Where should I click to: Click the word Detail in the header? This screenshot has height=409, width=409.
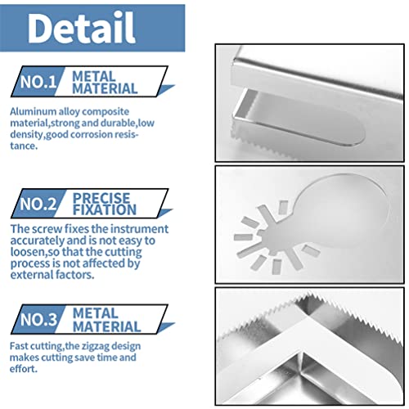[x=81, y=28]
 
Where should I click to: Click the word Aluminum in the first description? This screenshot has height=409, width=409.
[x=34, y=110]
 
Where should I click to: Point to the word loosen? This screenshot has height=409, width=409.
[x=31, y=253]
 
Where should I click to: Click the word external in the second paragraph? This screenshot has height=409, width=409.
[x=34, y=276]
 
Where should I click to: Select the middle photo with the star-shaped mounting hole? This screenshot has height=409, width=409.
[x=309, y=222]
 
